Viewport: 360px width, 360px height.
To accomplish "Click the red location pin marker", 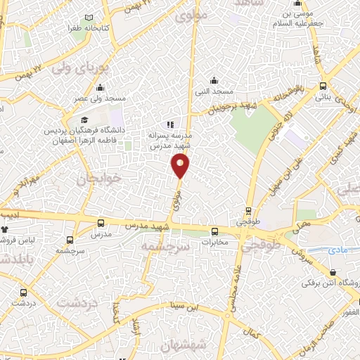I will [180, 166].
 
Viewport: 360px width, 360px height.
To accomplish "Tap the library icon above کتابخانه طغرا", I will [89, 18].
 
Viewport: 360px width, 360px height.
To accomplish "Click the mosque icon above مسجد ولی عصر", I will [100, 88].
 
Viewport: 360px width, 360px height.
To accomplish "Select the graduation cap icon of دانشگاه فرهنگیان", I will [84, 120].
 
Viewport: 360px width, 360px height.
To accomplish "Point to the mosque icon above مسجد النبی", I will [214, 80].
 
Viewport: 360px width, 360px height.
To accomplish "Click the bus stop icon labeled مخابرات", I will [215, 231].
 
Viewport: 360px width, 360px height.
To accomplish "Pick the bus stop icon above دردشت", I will [25, 292].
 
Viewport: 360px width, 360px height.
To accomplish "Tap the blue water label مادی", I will [337, 250].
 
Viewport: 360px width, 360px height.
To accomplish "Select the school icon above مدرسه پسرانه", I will [168, 124].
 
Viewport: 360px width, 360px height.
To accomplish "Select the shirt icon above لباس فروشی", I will [6, 229].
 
